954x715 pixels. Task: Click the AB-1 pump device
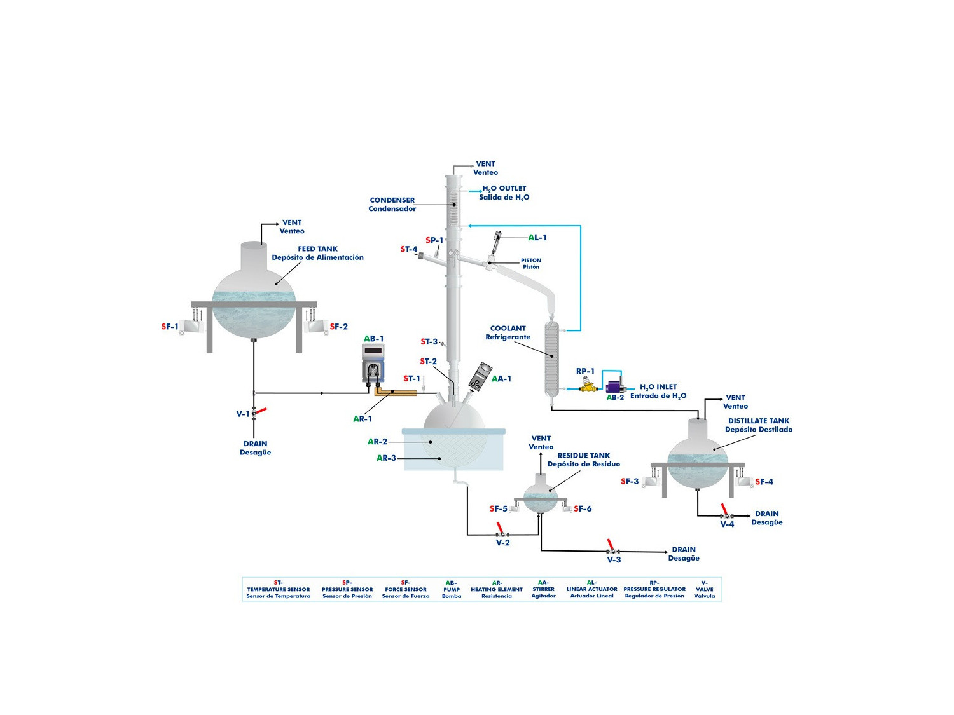click(x=373, y=364)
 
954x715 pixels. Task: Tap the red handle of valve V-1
click(x=261, y=411)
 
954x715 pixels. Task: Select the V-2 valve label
click(x=502, y=543)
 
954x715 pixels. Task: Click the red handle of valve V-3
click(x=610, y=545)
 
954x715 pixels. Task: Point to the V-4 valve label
click(x=727, y=524)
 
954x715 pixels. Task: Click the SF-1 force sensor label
click(x=170, y=327)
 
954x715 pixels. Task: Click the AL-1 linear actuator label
click(x=537, y=238)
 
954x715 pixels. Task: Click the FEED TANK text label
click(x=317, y=249)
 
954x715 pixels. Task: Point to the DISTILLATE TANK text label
click(x=758, y=421)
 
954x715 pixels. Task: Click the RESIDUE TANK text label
click(x=583, y=456)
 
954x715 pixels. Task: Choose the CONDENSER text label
click(x=392, y=200)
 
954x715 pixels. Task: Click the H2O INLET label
click(x=658, y=387)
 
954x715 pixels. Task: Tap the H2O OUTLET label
click(x=504, y=189)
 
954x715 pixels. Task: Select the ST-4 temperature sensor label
click(x=409, y=249)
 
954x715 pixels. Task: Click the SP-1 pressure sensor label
click(x=434, y=240)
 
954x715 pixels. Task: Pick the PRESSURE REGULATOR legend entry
click(x=654, y=589)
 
